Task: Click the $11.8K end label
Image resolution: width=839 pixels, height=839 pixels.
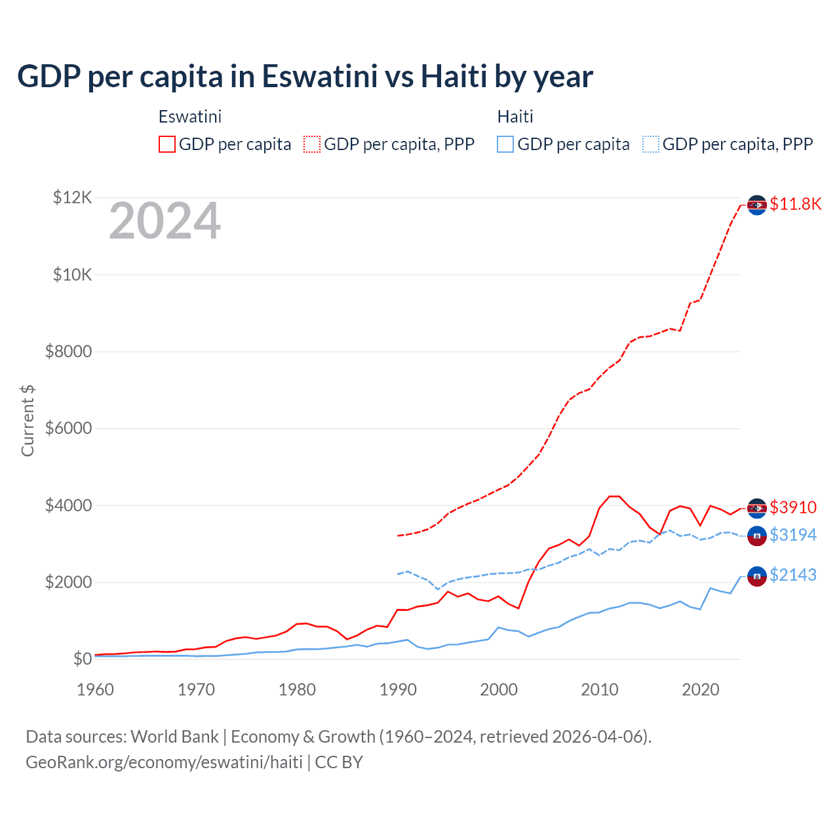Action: tap(795, 204)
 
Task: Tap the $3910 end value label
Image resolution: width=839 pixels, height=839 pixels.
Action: tap(793, 507)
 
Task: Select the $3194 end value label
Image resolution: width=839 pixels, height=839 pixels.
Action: tap(793, 535)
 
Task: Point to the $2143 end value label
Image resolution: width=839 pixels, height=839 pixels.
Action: tap(793, 575)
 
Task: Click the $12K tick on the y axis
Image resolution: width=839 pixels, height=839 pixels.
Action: tap(72, 197)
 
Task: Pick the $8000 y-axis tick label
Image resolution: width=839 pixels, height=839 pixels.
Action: tap(68, 351)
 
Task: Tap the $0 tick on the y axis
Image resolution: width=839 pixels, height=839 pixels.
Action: tap(82, 659)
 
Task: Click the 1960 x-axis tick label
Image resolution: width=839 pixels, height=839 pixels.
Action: tap(95, 690)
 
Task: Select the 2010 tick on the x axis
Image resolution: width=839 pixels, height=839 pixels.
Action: tap(600, 690)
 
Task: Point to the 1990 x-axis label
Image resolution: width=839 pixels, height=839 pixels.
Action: tap(398, 690)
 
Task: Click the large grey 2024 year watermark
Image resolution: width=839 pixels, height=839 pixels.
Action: tap(165, 222)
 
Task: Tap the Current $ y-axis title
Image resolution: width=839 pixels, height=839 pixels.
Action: tap(28, 420)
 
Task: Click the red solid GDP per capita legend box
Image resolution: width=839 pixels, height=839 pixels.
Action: tap(167, 144)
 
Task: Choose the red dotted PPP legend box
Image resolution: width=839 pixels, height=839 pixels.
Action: tap(312, 144)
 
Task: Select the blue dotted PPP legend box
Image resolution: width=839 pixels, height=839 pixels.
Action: tap(651, 144)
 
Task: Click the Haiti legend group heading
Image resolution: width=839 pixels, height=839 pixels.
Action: tap(515, 117)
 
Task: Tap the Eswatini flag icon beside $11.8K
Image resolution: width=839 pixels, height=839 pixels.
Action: tap(757, 205)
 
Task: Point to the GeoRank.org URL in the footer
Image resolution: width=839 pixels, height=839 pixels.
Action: tap(164, 762)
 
